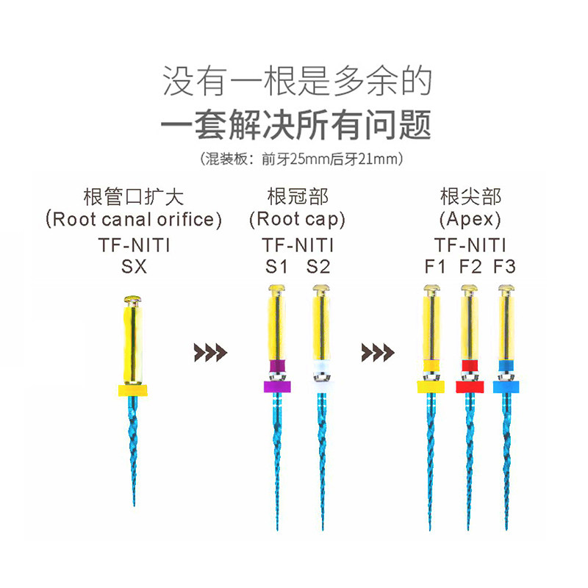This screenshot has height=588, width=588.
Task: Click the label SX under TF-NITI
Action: coord(134,266)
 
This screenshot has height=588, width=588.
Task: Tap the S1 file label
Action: coord(276,266)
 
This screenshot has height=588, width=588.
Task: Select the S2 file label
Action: coord(318,266)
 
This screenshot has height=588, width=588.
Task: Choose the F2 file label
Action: coord(470,266)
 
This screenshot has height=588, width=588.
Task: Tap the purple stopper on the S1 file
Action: coord(278,387)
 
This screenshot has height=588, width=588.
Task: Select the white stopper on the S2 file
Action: coord(321,385)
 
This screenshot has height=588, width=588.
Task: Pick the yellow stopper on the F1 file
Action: coord(431,386)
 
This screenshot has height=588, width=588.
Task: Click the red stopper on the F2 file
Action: coord(469,386)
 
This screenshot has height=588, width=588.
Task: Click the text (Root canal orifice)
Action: coord(134,218)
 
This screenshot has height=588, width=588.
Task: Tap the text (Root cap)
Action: coord(297,218)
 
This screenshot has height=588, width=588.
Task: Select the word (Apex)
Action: coord(470,218)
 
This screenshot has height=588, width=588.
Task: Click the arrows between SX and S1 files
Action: coord(210,352)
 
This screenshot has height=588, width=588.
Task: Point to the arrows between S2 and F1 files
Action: coord(378,352)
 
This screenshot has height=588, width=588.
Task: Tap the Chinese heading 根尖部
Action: coord(470,196)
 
